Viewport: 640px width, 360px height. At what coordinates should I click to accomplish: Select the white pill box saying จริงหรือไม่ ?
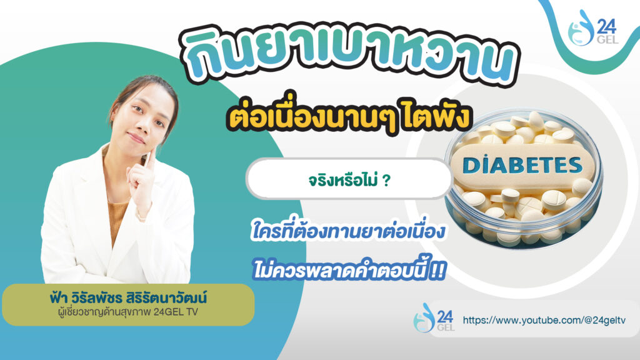tap(349, 179)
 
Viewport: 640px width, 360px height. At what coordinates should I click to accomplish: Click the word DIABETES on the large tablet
tap(522, 165)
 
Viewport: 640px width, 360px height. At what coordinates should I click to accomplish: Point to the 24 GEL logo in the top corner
tap(593, 28)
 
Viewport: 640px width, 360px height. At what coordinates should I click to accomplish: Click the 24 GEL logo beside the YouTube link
tap(434, 317)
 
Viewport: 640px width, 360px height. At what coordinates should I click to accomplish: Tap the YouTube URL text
tap(544, 320)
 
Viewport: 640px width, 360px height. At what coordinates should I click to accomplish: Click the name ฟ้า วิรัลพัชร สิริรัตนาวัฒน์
tap(128, 297)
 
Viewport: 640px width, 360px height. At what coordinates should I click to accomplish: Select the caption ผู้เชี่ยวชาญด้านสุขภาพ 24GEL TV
tap(128, 312)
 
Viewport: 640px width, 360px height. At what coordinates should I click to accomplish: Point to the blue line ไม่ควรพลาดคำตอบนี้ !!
tap(348, 271)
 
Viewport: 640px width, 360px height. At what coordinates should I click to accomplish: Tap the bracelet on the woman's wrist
tap(141, 216)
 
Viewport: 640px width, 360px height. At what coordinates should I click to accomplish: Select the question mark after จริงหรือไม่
tap(386, 180)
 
